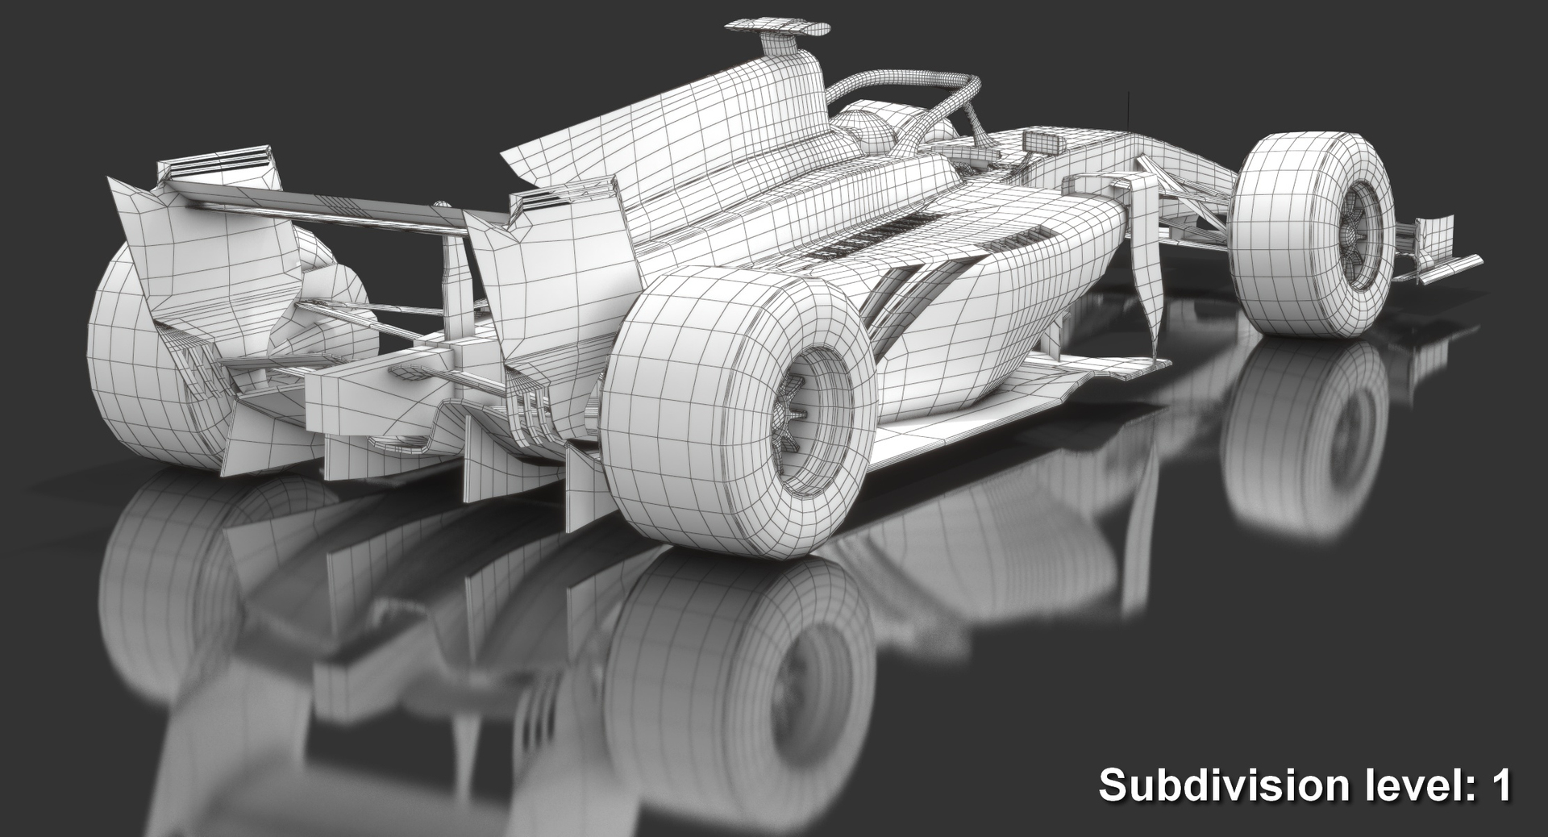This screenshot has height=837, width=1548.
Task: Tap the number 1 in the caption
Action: point(1501,785)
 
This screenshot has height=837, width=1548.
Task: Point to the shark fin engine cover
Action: point(661,137)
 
